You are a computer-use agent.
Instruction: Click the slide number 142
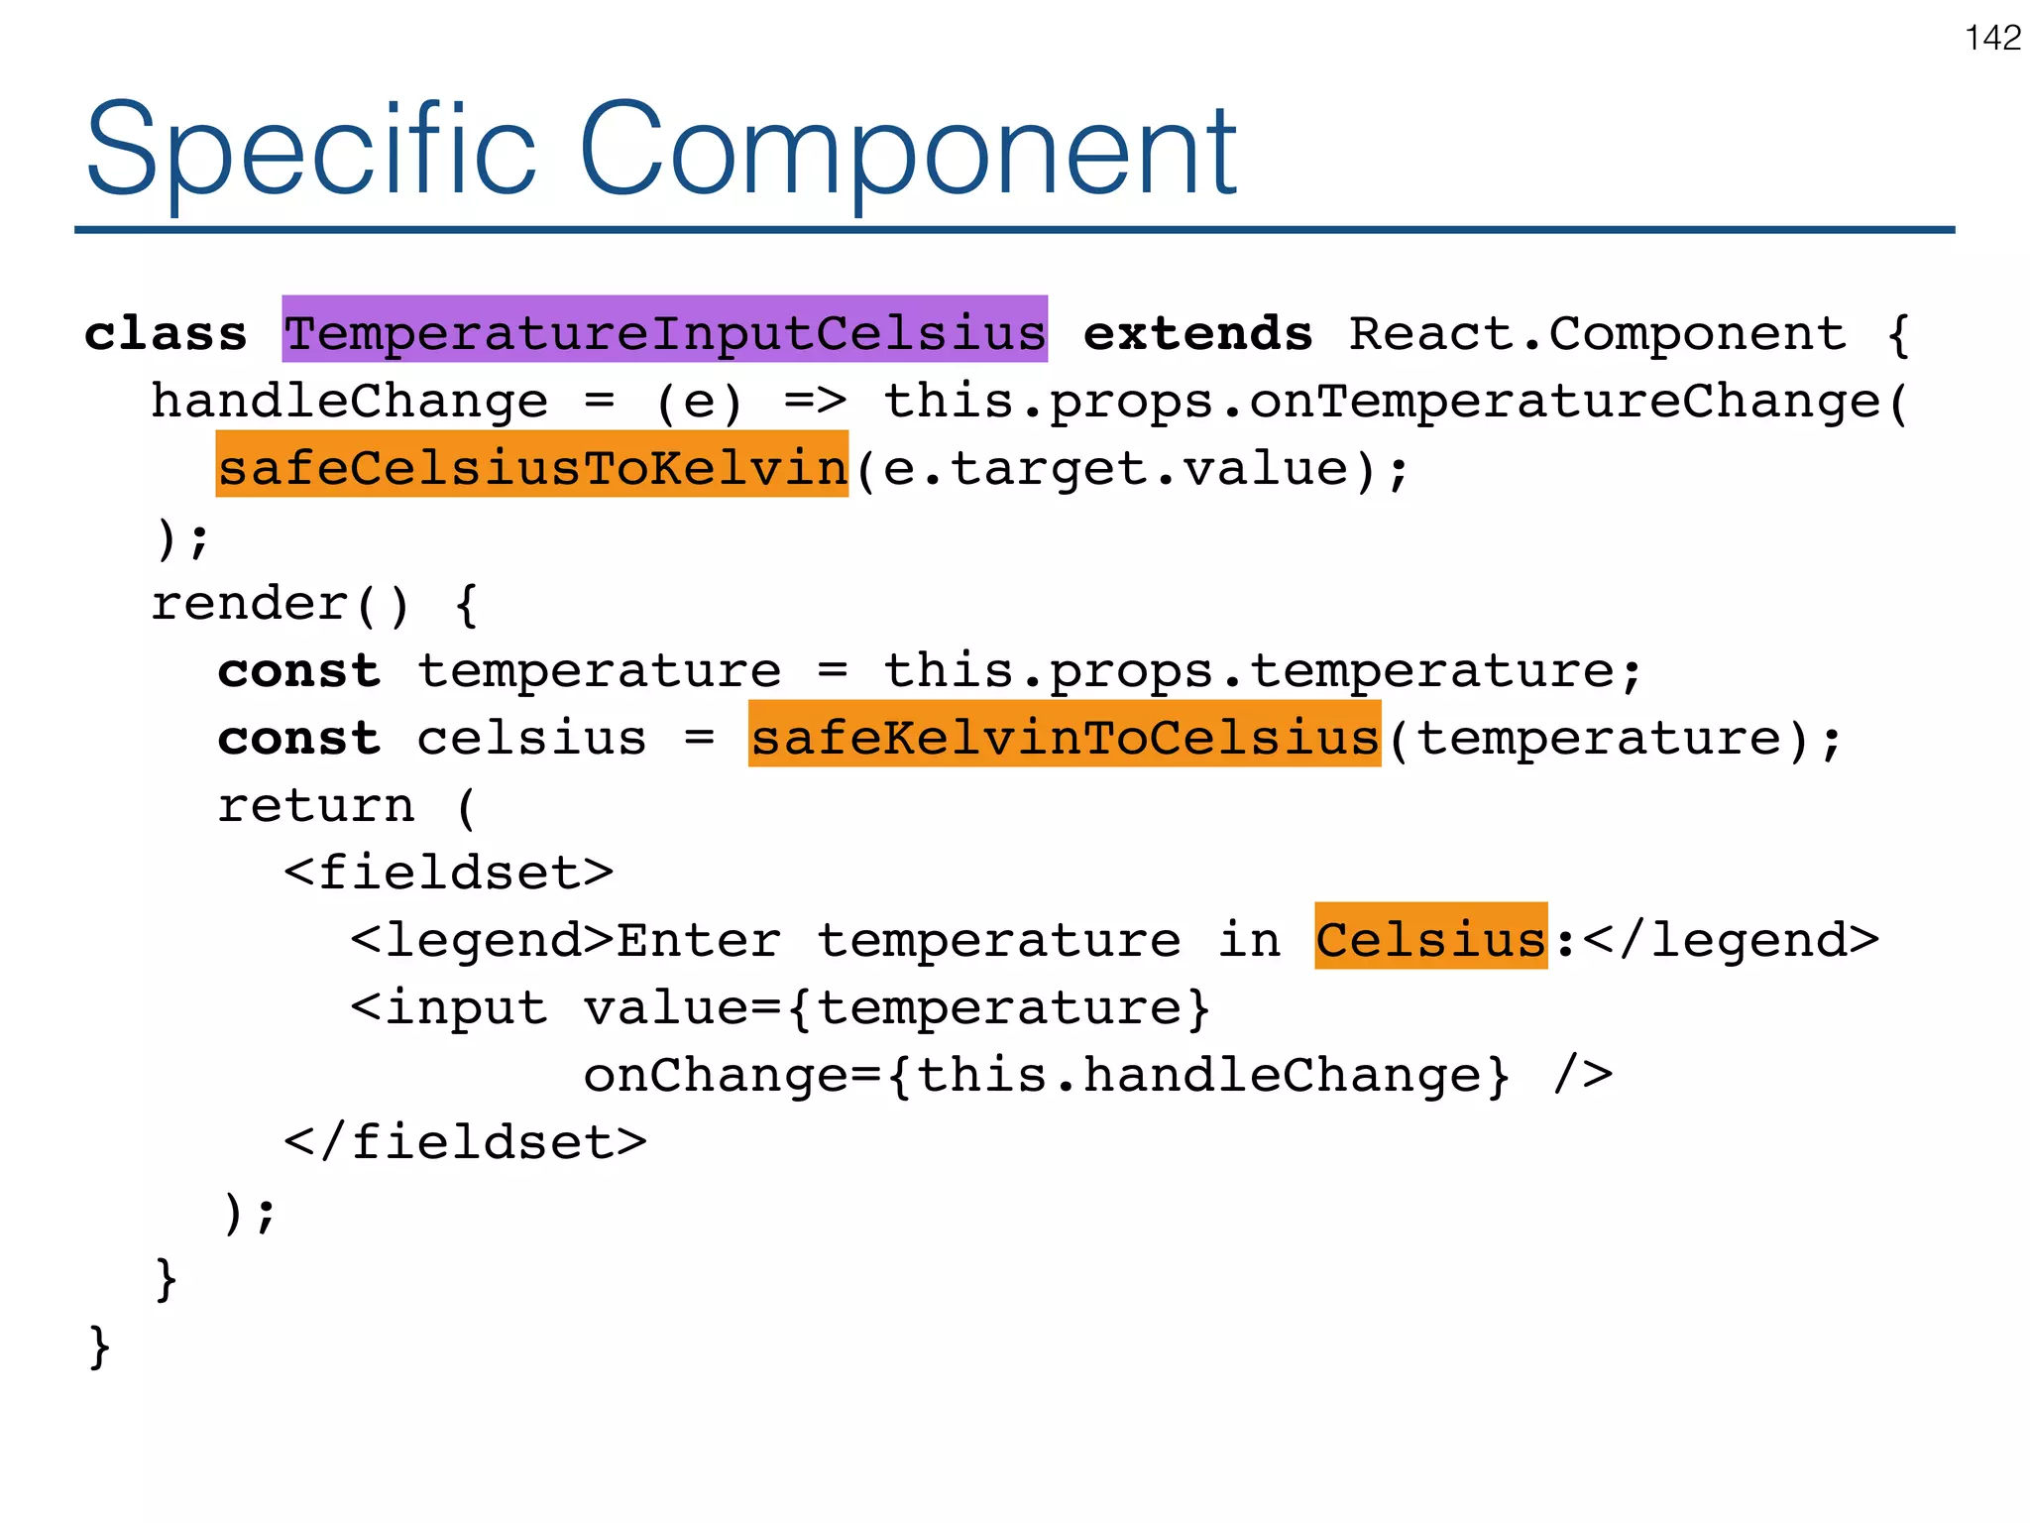tap(1992, 39)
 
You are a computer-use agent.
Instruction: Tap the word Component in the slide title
tap(907, 151)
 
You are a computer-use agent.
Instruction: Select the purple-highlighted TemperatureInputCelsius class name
tap(665, 332)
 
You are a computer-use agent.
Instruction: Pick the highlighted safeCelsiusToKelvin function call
tap(532, 467)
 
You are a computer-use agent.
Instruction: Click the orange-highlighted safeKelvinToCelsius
tap(1065, 737)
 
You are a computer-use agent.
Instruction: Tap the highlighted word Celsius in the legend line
tap(1430, 938)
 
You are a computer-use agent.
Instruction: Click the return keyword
tap(315, 805)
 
